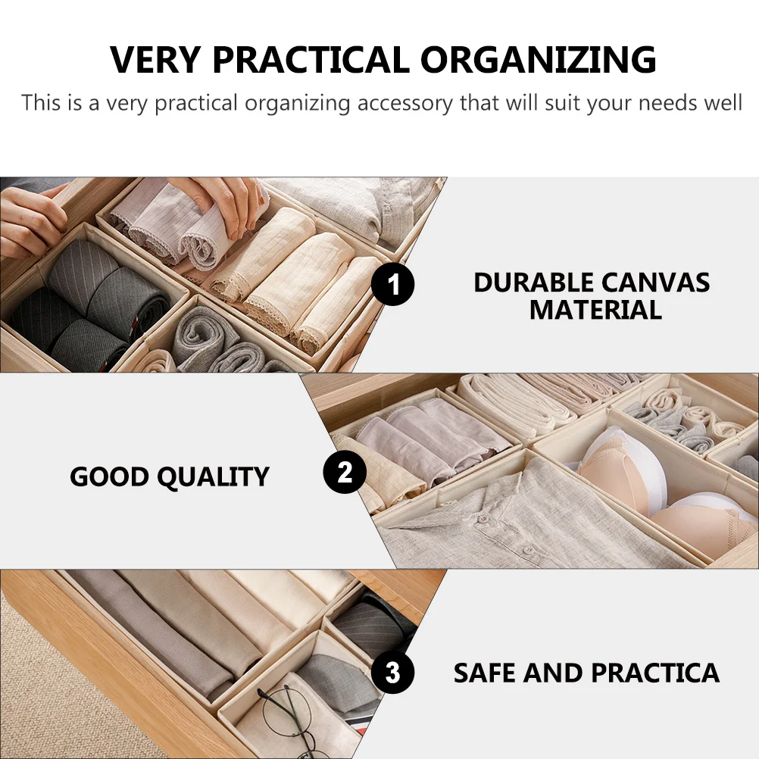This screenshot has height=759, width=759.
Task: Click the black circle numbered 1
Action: [393, 286]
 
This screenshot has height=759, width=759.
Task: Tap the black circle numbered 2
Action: [345, 473]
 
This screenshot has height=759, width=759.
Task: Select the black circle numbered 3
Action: [393, 672]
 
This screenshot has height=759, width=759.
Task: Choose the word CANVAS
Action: [656, 283]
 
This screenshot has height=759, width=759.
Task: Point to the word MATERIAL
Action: [595, 310]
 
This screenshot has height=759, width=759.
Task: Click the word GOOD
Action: [109, 477]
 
